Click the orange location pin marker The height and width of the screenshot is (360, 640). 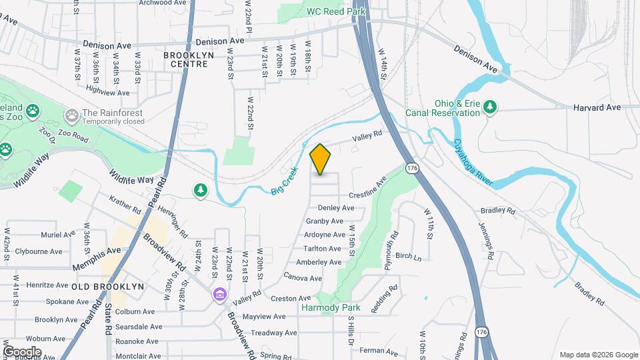click(321, 159)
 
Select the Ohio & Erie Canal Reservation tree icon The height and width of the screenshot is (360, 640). click(490, 107)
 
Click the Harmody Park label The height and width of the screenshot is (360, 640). click(331, 307)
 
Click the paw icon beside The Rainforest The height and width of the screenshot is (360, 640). click(71, 116)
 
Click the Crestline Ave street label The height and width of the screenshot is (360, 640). click(367, 189)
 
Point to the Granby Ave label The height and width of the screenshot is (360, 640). click(324, 221)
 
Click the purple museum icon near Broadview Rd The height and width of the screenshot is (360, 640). click(219, 294)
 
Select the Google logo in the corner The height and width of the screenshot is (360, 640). click(22, 351)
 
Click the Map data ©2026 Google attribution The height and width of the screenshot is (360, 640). click(598, 355)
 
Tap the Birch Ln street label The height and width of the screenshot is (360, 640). click(409, 257)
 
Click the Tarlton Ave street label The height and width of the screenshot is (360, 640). click(323, 249)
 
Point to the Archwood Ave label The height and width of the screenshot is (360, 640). click(162, 3)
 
